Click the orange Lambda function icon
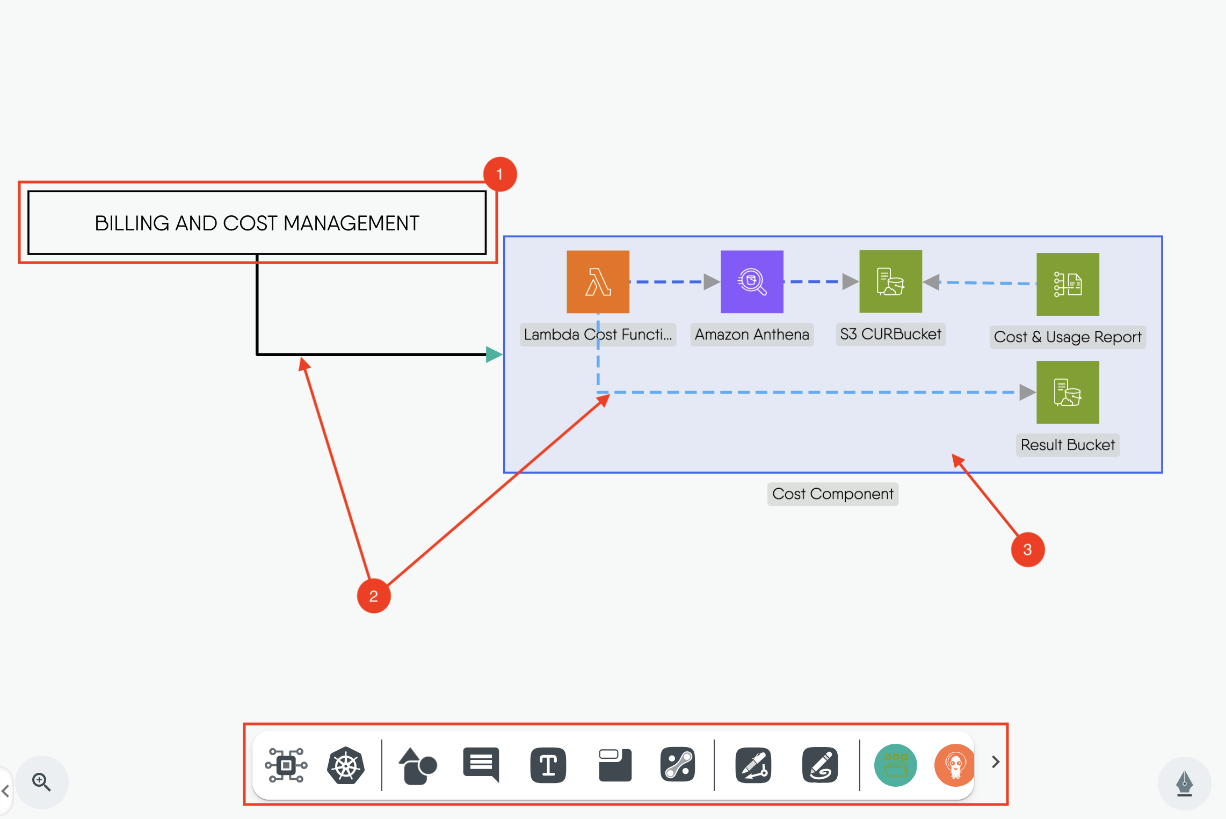[x=598, y=282]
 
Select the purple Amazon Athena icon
[x=752, y=282]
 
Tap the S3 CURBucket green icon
[x=890, y=281]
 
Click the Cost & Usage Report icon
[x=1068, y=284]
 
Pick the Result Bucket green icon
[x=1068, y=392]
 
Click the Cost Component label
[x=832, y=494]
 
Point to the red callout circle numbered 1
[x=500, y=174]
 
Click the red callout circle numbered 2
[x=374, y=596]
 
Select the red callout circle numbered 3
[x=1027, y=549]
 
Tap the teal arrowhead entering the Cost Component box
[x=494, y=354]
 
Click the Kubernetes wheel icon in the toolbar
[x=346, y=765]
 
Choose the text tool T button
[x=548, y=765]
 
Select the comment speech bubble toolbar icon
[x=481, y=764]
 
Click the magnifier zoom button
[x=42, y=782]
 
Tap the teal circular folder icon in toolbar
[x=895, y=765]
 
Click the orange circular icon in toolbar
[x=955, y=765]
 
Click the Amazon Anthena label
[x=752, y=335]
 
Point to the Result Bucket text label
[x=1068, y=445]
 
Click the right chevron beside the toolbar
[x=995, y=762]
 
